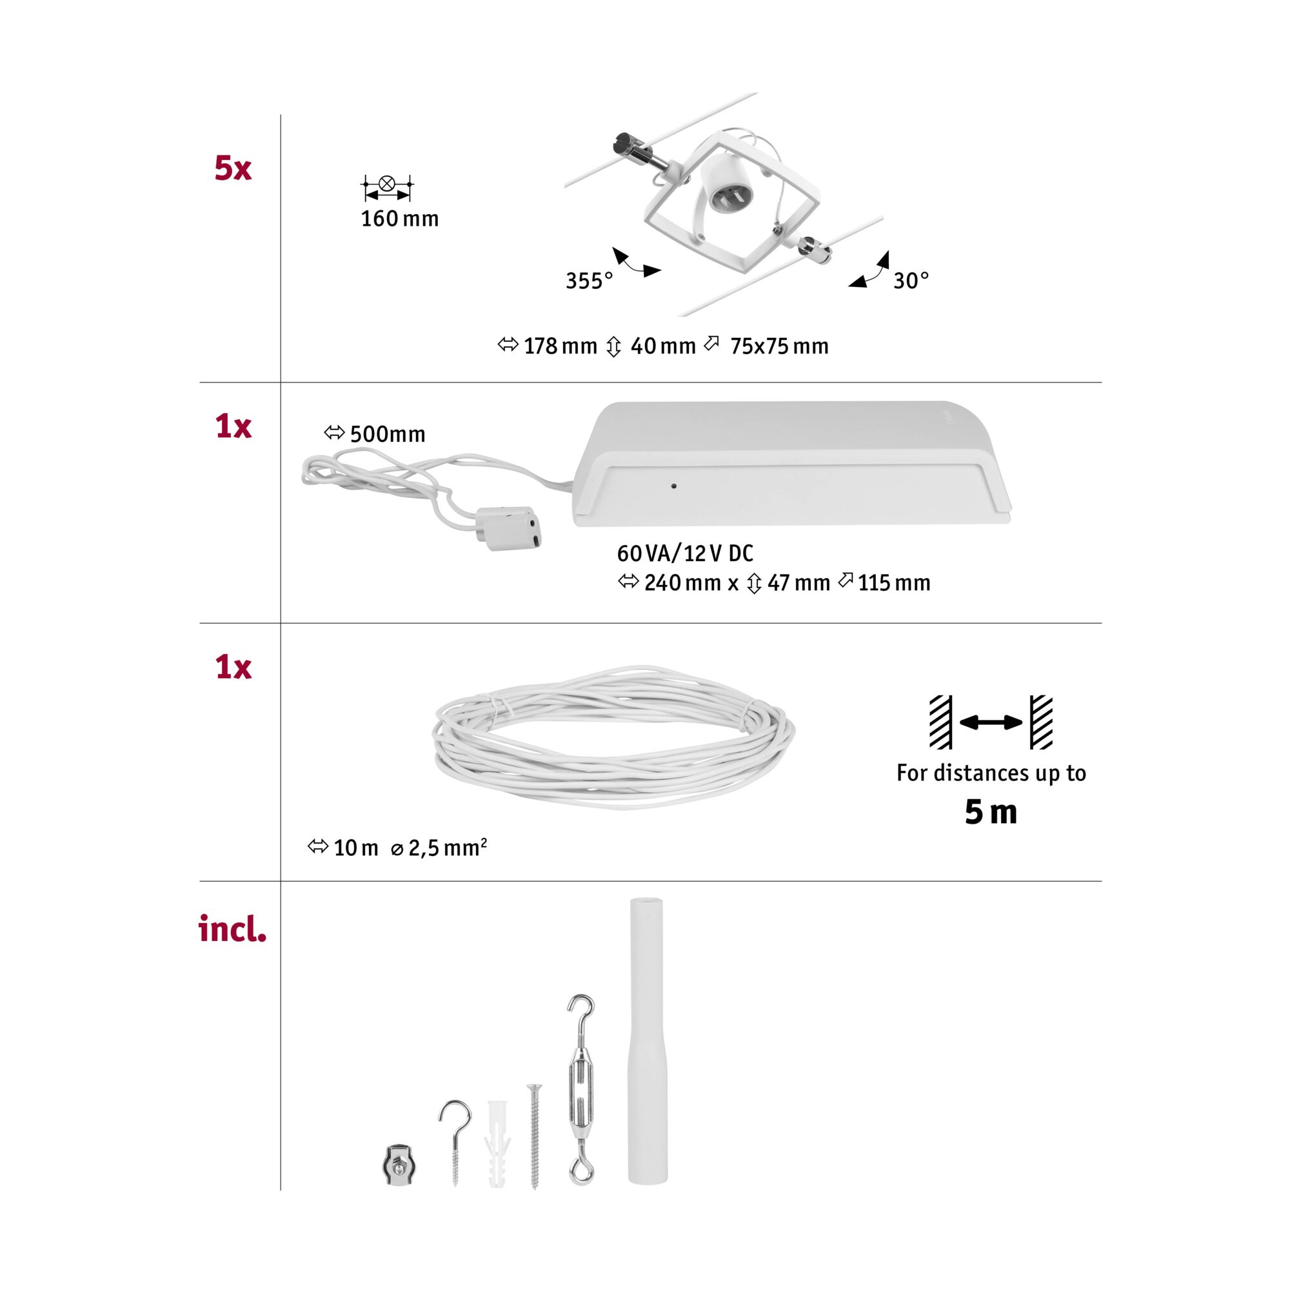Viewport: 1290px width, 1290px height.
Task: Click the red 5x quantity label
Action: (232, 168)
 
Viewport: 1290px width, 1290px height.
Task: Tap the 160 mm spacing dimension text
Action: (399, 219)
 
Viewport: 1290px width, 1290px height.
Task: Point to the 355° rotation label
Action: (589, 281)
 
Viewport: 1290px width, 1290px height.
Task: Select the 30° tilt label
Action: (911, 281)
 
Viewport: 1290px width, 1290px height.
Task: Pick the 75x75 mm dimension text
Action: (779, 346)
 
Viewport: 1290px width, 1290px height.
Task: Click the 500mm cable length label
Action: (387, 435)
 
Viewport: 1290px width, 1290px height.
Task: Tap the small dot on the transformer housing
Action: (674, 486)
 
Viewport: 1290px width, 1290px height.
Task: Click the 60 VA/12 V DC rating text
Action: (685, 553)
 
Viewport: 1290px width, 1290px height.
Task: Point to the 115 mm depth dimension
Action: (893, 584)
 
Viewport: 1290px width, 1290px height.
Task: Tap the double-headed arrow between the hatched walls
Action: (990, 722)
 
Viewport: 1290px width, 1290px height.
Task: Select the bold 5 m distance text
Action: (990, 813)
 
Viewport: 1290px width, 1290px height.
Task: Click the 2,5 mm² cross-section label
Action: (447, 848)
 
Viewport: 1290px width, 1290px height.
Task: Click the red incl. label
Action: (232, 929)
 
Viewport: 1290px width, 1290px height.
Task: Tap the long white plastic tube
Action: (646, 1042)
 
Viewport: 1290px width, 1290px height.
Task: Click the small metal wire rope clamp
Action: (399, 1164)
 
